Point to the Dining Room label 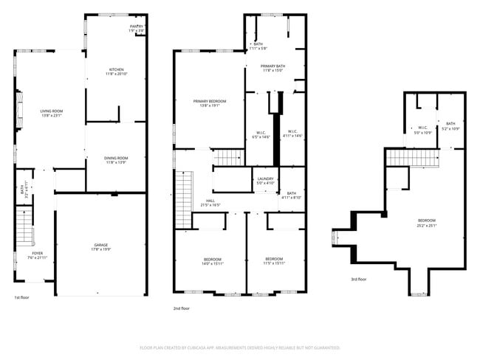pyautogui.click(x=116, y=159)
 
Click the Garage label pyautogui.click(x=100, y=247)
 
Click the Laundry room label pyautogui.click(x=265, y=181)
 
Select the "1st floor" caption pyautogui.click(x=21, y=297)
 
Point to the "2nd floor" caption pyautogui.click(x=181, y=308)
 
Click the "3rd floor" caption pyautogui.click(x=360, y=280)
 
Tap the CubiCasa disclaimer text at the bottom pyautogui.click(x=239, y=347)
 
